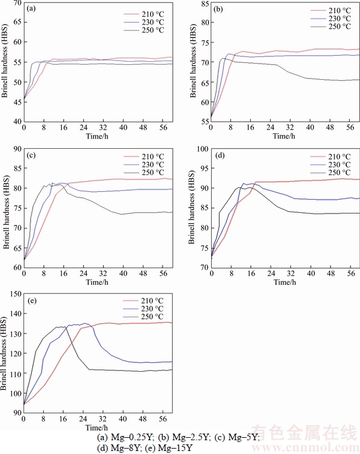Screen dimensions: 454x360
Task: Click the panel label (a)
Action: coord(30,8)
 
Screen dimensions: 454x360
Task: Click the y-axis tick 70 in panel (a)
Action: coord(17,4)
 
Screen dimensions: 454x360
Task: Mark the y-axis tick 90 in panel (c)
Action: coord(17,149)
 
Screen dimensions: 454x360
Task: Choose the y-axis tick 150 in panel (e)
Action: coord(15,294)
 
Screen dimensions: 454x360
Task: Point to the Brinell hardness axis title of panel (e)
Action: coord(7,354)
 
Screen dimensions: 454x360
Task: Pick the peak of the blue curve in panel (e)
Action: coord(83,323)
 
